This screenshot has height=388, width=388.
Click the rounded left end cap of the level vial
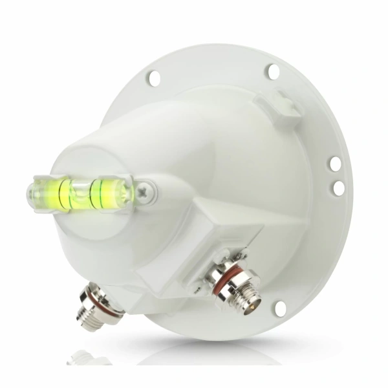32,193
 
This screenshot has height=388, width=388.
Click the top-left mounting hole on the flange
154,78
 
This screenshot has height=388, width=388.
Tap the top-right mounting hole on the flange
273,71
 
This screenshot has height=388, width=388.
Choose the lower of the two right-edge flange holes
338,188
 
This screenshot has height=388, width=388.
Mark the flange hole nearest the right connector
280,308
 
